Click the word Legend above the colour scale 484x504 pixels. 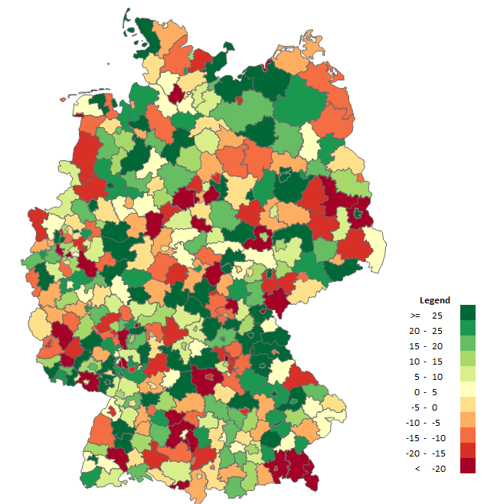[434, 300]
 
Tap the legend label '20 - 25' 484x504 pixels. [427, 330]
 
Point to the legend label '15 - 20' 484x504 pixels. [427, 345]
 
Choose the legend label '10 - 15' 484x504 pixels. [427, 361]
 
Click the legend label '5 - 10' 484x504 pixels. [427, 376]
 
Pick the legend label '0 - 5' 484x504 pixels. [427, 391]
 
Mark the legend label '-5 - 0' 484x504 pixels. [427, 407]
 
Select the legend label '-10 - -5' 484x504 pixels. [427, 422]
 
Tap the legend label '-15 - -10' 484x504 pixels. [427, 437]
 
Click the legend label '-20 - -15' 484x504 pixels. [427, 453]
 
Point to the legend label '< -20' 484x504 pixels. [427, 468]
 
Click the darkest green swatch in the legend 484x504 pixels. [467, 313]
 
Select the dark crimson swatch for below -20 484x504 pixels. [467, 466]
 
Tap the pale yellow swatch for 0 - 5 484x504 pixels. [467, 389]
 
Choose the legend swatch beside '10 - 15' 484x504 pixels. [467, 358]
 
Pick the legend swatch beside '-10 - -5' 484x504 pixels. [467, 420]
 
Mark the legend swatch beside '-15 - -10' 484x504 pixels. [467, 435]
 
